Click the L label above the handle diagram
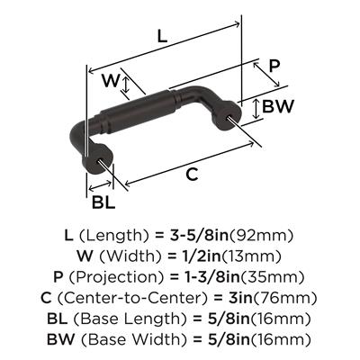[162, 37]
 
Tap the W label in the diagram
[111, 80]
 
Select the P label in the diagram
[274, 66]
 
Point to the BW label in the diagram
[277, 106]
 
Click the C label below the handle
[192, 174]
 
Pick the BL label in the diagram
[103, 202]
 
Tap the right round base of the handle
[227, 115]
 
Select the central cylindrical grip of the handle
[138, 111]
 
